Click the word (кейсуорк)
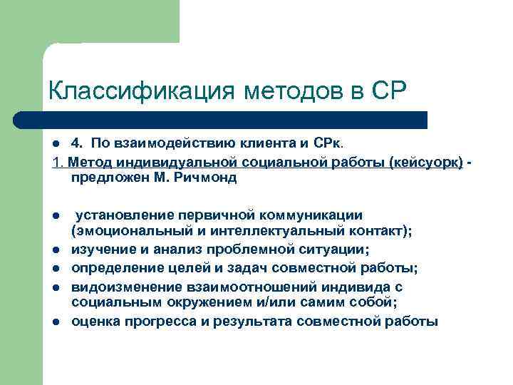point(426,164)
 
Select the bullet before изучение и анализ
point(55,249)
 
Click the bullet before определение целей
point(55,268)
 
